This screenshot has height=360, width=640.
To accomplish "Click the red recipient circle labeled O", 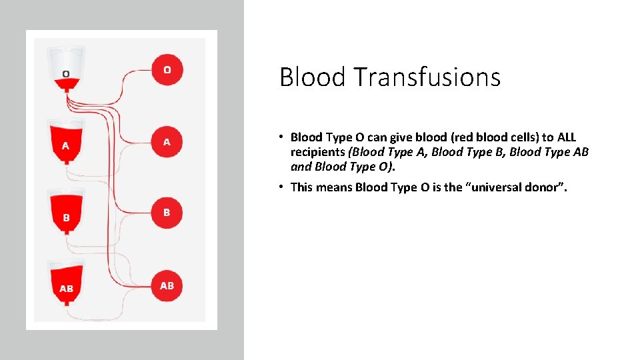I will pos(167,70).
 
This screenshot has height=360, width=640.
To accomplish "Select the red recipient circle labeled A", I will pos(167,142).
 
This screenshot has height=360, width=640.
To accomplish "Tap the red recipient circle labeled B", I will pos(167,213).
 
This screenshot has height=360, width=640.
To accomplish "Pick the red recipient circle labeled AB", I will pos(167,285).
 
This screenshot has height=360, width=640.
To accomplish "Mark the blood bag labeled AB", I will pos(66,284).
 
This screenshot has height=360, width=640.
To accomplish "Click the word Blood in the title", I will pos(313,77).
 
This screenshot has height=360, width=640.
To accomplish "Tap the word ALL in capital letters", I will pos(567,137).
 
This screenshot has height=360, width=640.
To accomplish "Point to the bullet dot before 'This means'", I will pos(283,187).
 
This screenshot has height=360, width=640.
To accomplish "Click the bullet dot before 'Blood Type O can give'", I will pos(283,137).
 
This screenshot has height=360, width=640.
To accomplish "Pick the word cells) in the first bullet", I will pos(522,137).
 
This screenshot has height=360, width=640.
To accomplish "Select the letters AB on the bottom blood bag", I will pos(66,289).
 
